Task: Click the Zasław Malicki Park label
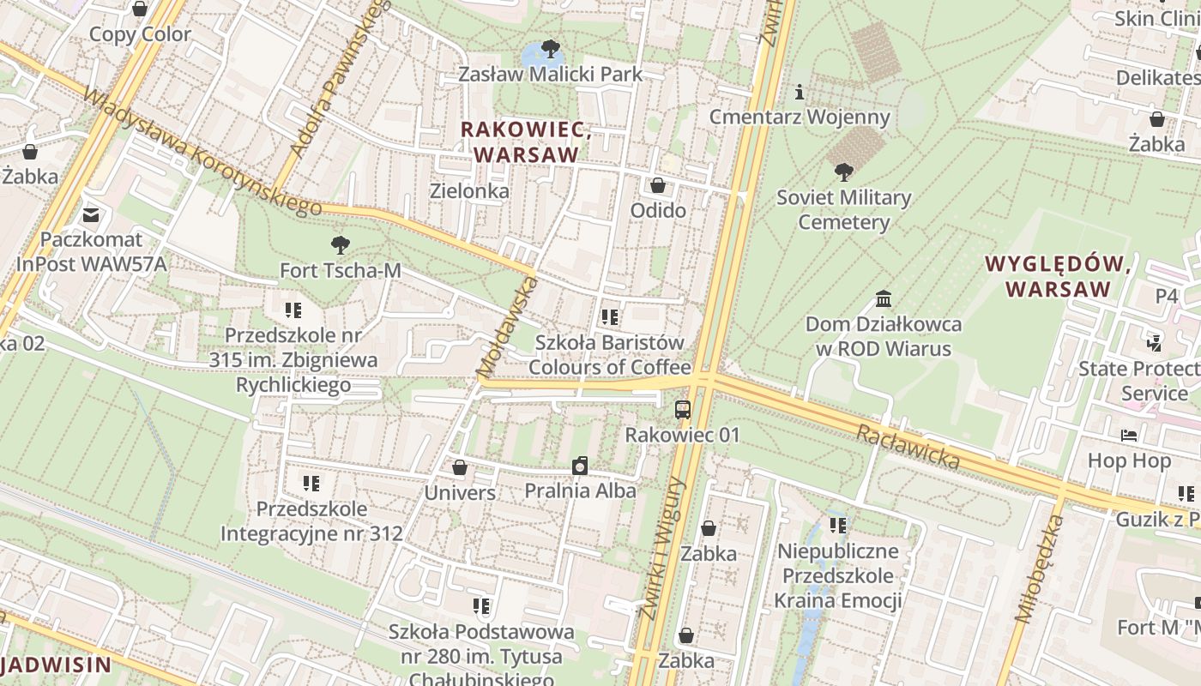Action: tap(550, 75)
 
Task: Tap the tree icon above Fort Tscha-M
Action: tap(341, 245)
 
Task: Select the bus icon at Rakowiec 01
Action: tap(683, 409)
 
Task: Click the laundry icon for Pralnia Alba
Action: tap(581, 466)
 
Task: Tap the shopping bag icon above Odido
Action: tap(658, 185)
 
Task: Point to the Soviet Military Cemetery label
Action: tap(843, 210)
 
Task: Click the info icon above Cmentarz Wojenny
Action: tap(800, 92)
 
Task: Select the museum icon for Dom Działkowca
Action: tap(884, 299)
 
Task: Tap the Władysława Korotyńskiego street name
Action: tap(202, 153)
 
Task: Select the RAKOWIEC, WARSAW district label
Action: tap(525, 142)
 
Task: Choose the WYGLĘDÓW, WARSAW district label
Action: tap(1058, 276)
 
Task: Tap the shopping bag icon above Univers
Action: tap(460, 467)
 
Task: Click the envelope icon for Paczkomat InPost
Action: tap(91, 214)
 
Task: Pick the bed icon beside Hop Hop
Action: tap(1129, 436)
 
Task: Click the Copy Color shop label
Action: tap(140, 34)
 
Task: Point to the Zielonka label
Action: tap(469, 191)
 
